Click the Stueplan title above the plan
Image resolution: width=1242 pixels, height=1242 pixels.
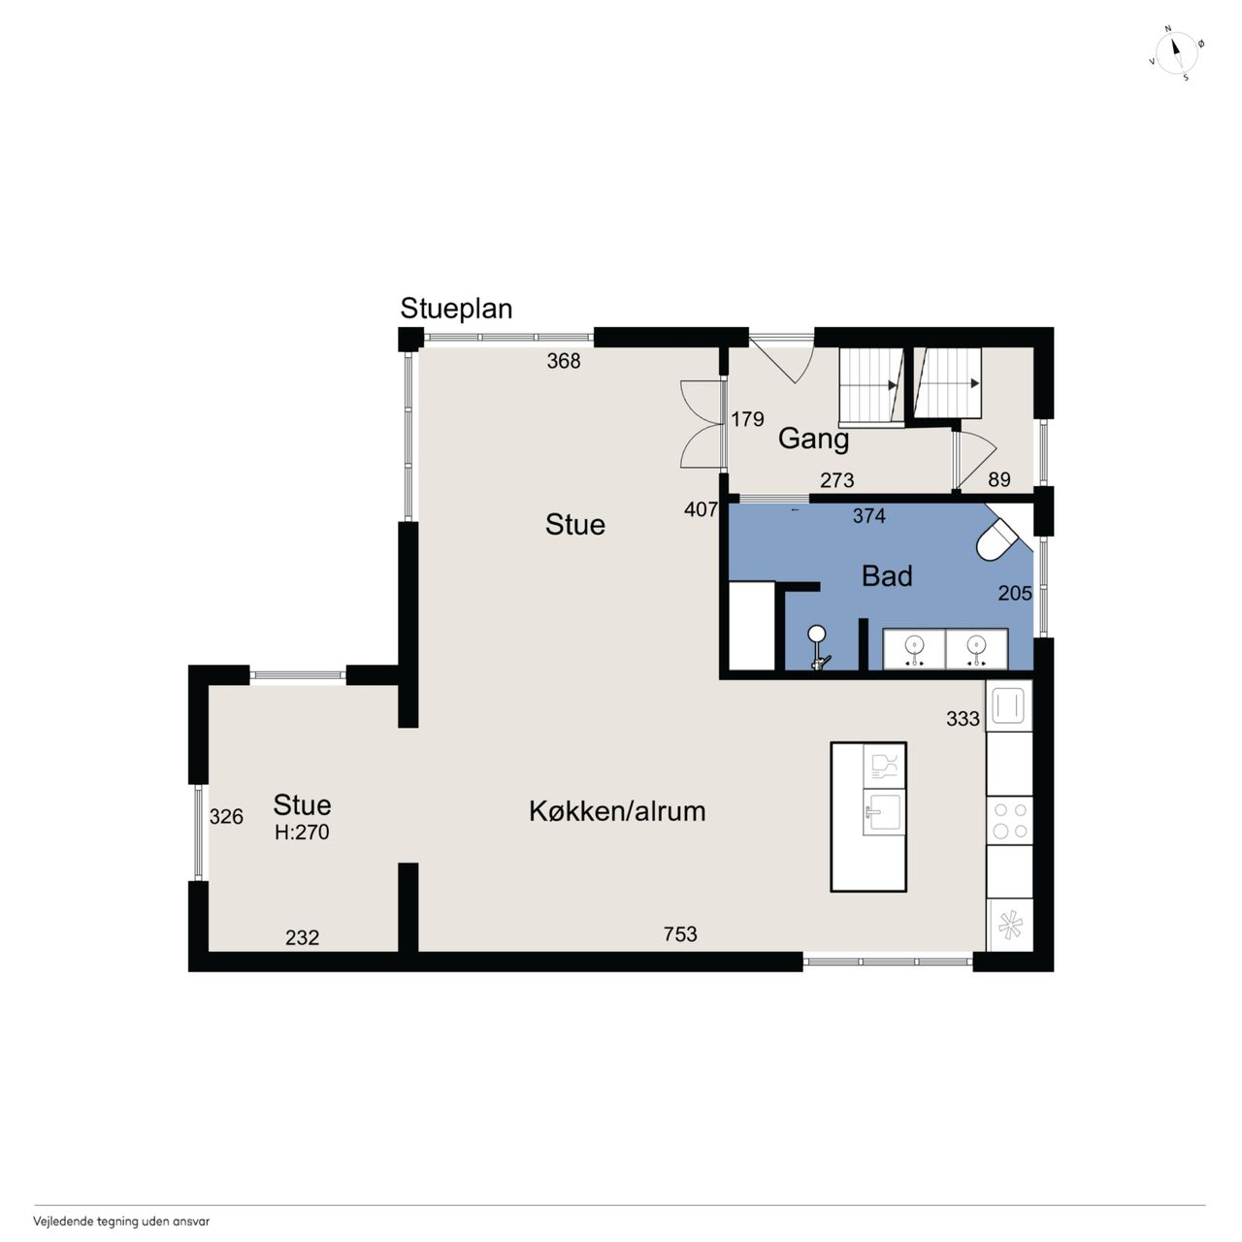tap(456, 310)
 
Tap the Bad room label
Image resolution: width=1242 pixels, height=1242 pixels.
tap(887, 576)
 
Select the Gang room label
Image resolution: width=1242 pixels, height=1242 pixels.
tap(813, 440)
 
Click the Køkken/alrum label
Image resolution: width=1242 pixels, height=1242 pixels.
tap(617, 811)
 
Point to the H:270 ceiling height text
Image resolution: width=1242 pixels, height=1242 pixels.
tap(302, 833)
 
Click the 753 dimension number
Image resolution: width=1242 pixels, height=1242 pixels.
tap(680, 933)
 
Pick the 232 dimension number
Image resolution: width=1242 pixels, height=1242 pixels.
tap(302, 937)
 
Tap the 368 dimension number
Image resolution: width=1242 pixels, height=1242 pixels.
tap(564, 361)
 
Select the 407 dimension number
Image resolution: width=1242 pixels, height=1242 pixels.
tap(701, 509)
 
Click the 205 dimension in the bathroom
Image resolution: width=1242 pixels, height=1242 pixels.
tap(1015, 593)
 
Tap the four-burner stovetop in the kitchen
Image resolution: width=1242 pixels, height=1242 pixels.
tap(1009, 821)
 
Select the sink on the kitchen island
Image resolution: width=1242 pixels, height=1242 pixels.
tap(884, 812)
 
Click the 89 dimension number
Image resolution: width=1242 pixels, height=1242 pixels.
tap(999, 479)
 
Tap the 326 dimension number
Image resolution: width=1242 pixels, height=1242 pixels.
tap(226, 817)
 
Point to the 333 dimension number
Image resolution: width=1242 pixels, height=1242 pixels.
tap(963, 719)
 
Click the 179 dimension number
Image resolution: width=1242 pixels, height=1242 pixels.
tap(748, 419)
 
